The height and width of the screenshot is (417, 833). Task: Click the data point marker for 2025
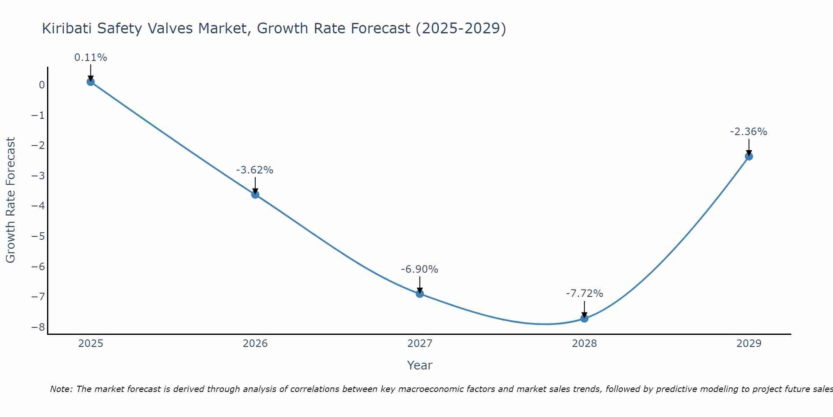coord(91,82)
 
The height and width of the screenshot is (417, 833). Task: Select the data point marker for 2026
coord(255,194)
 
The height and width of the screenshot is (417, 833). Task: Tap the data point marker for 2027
coord(420,294)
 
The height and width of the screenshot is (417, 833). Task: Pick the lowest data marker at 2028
coord(584,319)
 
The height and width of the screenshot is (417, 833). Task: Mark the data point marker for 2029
coord(749,156)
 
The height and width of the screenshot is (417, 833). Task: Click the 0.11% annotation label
coord(91,58)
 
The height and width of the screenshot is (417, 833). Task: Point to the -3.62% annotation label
coord(255,170)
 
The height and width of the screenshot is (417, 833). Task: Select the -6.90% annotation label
coord(419,269)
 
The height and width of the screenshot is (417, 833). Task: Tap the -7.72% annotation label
coord(584,294)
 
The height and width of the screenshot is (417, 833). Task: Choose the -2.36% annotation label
coord(748,132)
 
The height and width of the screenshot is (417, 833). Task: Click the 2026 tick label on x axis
coord(255,344)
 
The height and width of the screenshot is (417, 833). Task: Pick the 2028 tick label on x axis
coord(584,344)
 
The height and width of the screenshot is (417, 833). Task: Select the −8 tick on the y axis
coord(38,327)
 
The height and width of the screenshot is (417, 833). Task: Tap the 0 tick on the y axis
coord(42,85)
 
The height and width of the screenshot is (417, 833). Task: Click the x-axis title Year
coord(420,365)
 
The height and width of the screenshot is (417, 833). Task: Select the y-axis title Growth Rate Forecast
coord(10,200)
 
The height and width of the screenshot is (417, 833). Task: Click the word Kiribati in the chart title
coord(67,28)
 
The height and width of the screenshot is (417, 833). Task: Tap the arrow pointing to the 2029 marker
coord(749,147)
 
